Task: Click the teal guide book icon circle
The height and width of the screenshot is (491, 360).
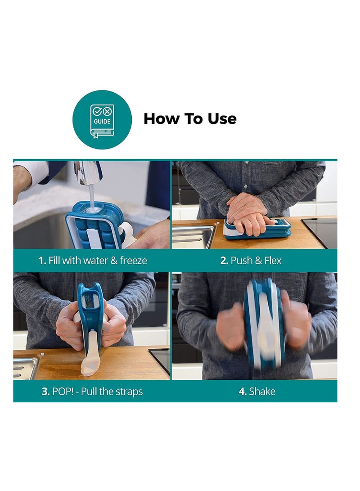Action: click(102, 120)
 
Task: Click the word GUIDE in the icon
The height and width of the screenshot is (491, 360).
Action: click(102, 122)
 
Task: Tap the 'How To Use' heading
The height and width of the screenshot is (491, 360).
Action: click(190, 119)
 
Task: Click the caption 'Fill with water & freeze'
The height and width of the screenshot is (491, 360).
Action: click(98, 261)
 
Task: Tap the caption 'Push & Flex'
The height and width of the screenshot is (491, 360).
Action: click(256, 261)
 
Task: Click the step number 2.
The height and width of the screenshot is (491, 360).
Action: click(224, 261)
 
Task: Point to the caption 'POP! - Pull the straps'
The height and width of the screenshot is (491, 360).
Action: click(97, 392)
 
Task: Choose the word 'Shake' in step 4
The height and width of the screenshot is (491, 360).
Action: click(262, 392)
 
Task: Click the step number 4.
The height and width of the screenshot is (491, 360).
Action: click(243, 392)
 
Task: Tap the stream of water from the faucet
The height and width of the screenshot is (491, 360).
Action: click(92, 197)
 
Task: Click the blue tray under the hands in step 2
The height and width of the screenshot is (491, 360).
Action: click(258, 230)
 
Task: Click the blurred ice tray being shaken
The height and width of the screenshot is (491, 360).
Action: click(265, 324)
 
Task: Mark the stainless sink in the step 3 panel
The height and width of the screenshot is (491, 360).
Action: click(26, 367)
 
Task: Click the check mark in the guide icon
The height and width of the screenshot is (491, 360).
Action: click(97, 111)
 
